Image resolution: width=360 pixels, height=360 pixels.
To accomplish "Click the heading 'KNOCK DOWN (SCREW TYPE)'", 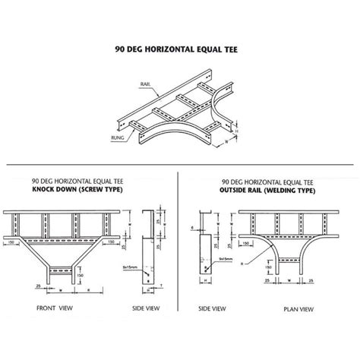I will pyautogui.click(x=77, y=191).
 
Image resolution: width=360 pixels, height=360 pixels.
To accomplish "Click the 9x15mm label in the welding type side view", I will pyautogui.click(x=226, y=261).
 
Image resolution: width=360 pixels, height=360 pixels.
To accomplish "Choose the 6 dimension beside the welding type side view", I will pyautogui.click(x=194, y=226).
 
